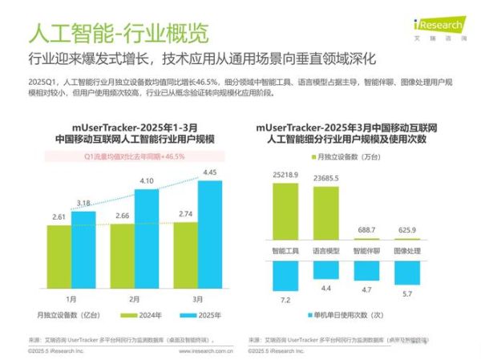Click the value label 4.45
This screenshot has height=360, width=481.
click(x=209, y=172)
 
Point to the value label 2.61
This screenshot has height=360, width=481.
click(x=59, y=217)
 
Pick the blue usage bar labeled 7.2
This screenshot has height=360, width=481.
click(x=285, y=276)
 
